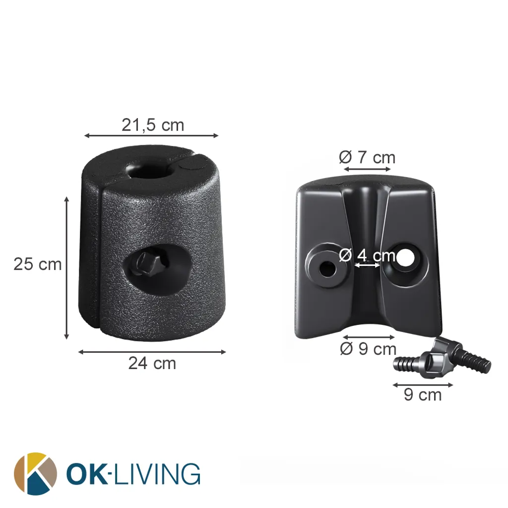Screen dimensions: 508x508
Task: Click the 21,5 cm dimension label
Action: pos(153,125)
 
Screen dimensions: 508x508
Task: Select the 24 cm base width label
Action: pos(152,363)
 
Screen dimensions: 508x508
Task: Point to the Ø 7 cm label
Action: pos(367,157)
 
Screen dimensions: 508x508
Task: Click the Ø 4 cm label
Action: pos(367,255)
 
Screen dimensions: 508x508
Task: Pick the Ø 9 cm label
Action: pos(368,349)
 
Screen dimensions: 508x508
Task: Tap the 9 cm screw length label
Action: pos(423,394)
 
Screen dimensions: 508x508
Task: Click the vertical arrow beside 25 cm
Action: pos(67,268)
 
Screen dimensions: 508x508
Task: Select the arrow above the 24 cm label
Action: pos(152,352)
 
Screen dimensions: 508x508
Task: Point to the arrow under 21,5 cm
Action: pos(151,135)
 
